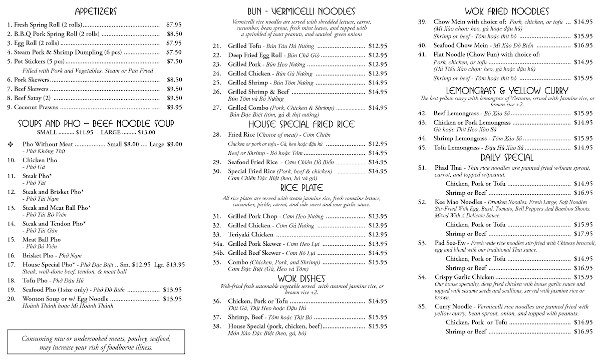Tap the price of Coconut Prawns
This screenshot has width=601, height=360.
[174, 107]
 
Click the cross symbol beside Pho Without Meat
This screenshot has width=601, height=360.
[11, 144]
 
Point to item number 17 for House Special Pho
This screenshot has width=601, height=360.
[11, 264]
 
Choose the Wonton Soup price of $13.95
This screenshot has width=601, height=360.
[172, 299]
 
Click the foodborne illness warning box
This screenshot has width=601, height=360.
[96, 343]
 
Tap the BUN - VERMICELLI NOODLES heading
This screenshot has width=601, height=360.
[301, 11]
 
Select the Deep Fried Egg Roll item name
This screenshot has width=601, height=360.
[252, 55]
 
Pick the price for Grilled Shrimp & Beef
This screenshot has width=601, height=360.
[377, 92]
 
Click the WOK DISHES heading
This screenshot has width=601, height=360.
[301, 278]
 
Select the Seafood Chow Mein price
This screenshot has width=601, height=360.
[583, 45]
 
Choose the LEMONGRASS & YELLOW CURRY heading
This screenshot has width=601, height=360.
[506, 91]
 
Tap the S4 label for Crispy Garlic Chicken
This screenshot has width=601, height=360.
[423, 277]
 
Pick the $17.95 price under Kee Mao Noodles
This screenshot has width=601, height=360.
[583, 234]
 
